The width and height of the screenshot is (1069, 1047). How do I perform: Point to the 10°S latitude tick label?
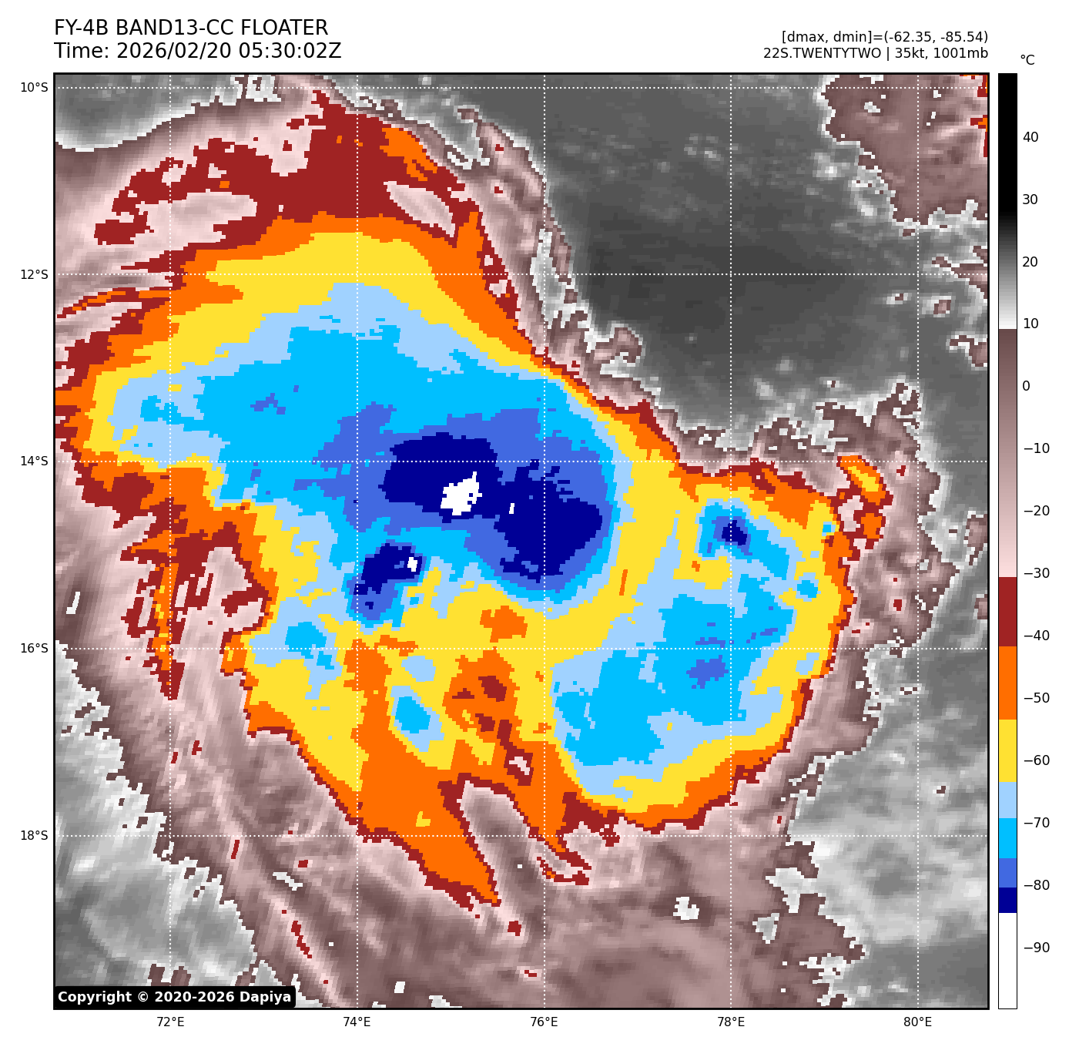[x=34, y=88]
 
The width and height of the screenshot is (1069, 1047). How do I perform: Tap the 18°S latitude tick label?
[x=34, y=836]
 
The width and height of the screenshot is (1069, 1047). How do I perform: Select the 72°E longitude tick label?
[x=170, y=1022]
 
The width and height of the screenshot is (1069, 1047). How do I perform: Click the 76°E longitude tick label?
[x=544, y=1022]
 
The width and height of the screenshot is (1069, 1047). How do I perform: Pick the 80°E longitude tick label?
[x=917, y=1022]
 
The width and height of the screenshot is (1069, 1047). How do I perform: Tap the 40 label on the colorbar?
[x=1030, y=137]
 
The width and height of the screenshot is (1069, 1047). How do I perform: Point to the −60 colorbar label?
[x=1036, y=760]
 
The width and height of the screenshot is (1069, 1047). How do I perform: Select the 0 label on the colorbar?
[x=1026, y=386]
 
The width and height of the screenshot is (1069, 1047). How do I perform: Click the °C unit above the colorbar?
[x=1027, y=60]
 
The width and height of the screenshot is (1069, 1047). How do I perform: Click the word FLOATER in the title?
[x=284, y=29]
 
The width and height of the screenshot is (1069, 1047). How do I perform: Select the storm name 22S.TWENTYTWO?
[x=822, y=53]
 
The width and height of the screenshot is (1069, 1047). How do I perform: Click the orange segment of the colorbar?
[x=1007, y=683]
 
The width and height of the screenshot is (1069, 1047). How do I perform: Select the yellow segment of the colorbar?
[x=1007, y=751]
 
